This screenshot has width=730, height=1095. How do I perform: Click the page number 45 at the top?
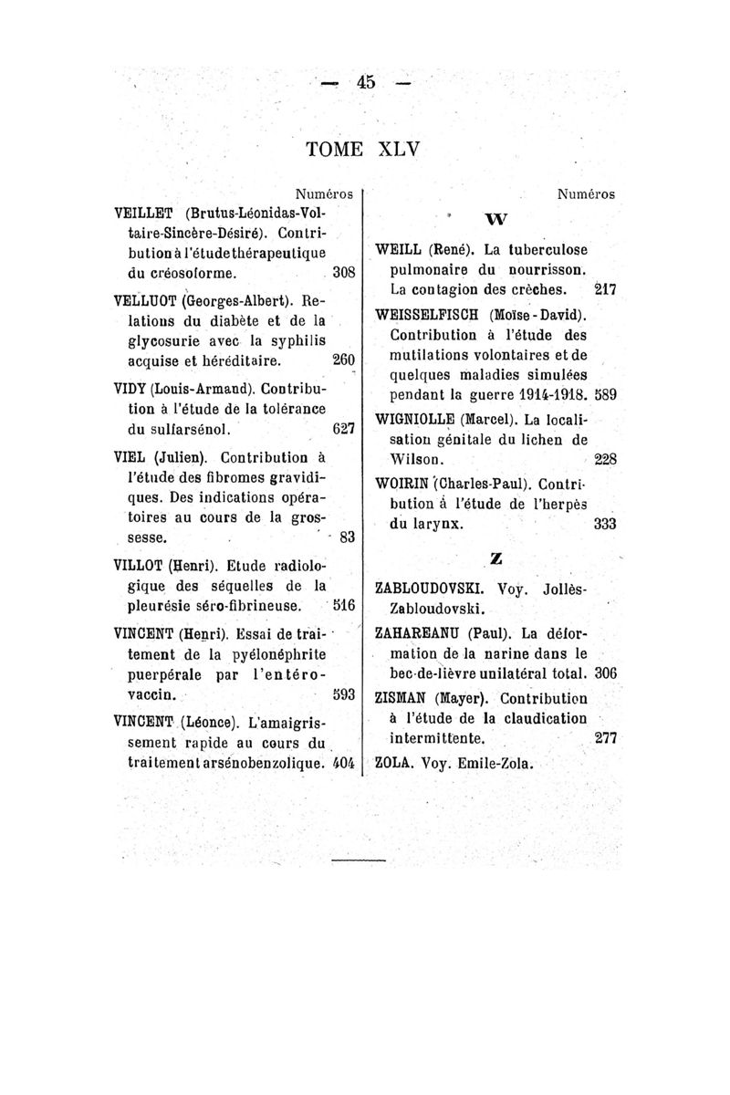(x=367, y=82)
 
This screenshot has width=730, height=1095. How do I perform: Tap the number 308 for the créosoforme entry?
(x=344, y=271)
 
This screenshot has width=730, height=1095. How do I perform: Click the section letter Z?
(x=496, y=556)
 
